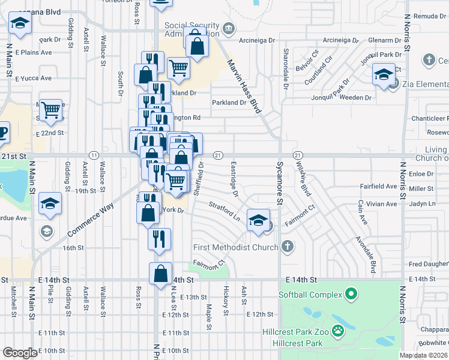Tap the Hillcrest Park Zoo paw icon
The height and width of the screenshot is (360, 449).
(339, 331)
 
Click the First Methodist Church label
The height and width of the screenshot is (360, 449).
(236, 247)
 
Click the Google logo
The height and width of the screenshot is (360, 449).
(20, 353)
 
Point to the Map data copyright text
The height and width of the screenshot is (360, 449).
(424, 355)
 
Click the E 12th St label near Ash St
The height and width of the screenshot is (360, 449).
(259, 314)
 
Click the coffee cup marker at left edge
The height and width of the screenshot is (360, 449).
(2, 132)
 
